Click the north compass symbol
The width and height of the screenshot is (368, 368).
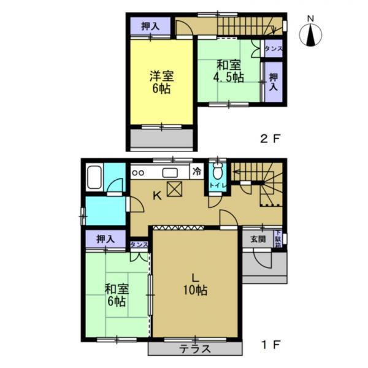pos(310,35)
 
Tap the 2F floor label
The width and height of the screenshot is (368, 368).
pos(270,139)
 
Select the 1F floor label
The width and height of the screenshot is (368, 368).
pos(270,345)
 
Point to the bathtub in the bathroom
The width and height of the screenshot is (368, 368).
pos(94,177)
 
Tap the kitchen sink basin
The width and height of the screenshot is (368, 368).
pos(170,173)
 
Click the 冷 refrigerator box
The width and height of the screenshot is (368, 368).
pos(197,172)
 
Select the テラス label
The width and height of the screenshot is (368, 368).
pos(195,349)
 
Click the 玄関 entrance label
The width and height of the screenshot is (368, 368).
pos(258,239)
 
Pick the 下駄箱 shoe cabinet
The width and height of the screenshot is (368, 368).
pos(278,239)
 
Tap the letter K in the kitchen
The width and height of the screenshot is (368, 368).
pos(157,195)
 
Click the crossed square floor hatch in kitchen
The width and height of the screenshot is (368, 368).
pos(174,189)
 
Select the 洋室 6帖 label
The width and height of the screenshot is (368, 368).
pos(162,82)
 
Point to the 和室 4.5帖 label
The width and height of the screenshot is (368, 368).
pos(228,71)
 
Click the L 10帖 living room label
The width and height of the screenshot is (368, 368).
pos(195,285)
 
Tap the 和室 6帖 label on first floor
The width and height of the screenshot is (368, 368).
pos(117,295)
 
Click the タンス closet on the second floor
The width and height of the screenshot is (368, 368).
pos(274,48)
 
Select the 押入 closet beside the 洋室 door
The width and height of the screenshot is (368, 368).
pos(150,26)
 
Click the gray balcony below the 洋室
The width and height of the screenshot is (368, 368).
pos(162,139)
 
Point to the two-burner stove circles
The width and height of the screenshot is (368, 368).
pos(138,173)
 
